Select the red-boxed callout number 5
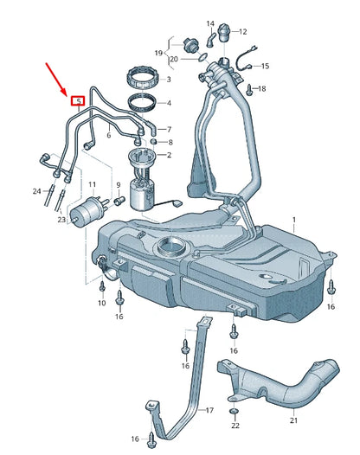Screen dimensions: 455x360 point(78,100)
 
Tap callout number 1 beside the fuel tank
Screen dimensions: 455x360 point(292,221)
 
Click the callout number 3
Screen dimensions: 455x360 point(168,80)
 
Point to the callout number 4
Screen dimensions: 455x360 point(168,104)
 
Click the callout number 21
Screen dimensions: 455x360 point(292,420)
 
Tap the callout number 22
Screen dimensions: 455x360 point(235,425)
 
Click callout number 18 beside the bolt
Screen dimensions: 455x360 point(262,88)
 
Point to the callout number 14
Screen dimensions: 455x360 point(210,23)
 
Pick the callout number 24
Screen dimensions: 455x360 point(35,190)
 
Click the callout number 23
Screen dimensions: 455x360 point(61,221)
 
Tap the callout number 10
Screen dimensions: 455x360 point(101,303)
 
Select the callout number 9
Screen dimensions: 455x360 point(119,185)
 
